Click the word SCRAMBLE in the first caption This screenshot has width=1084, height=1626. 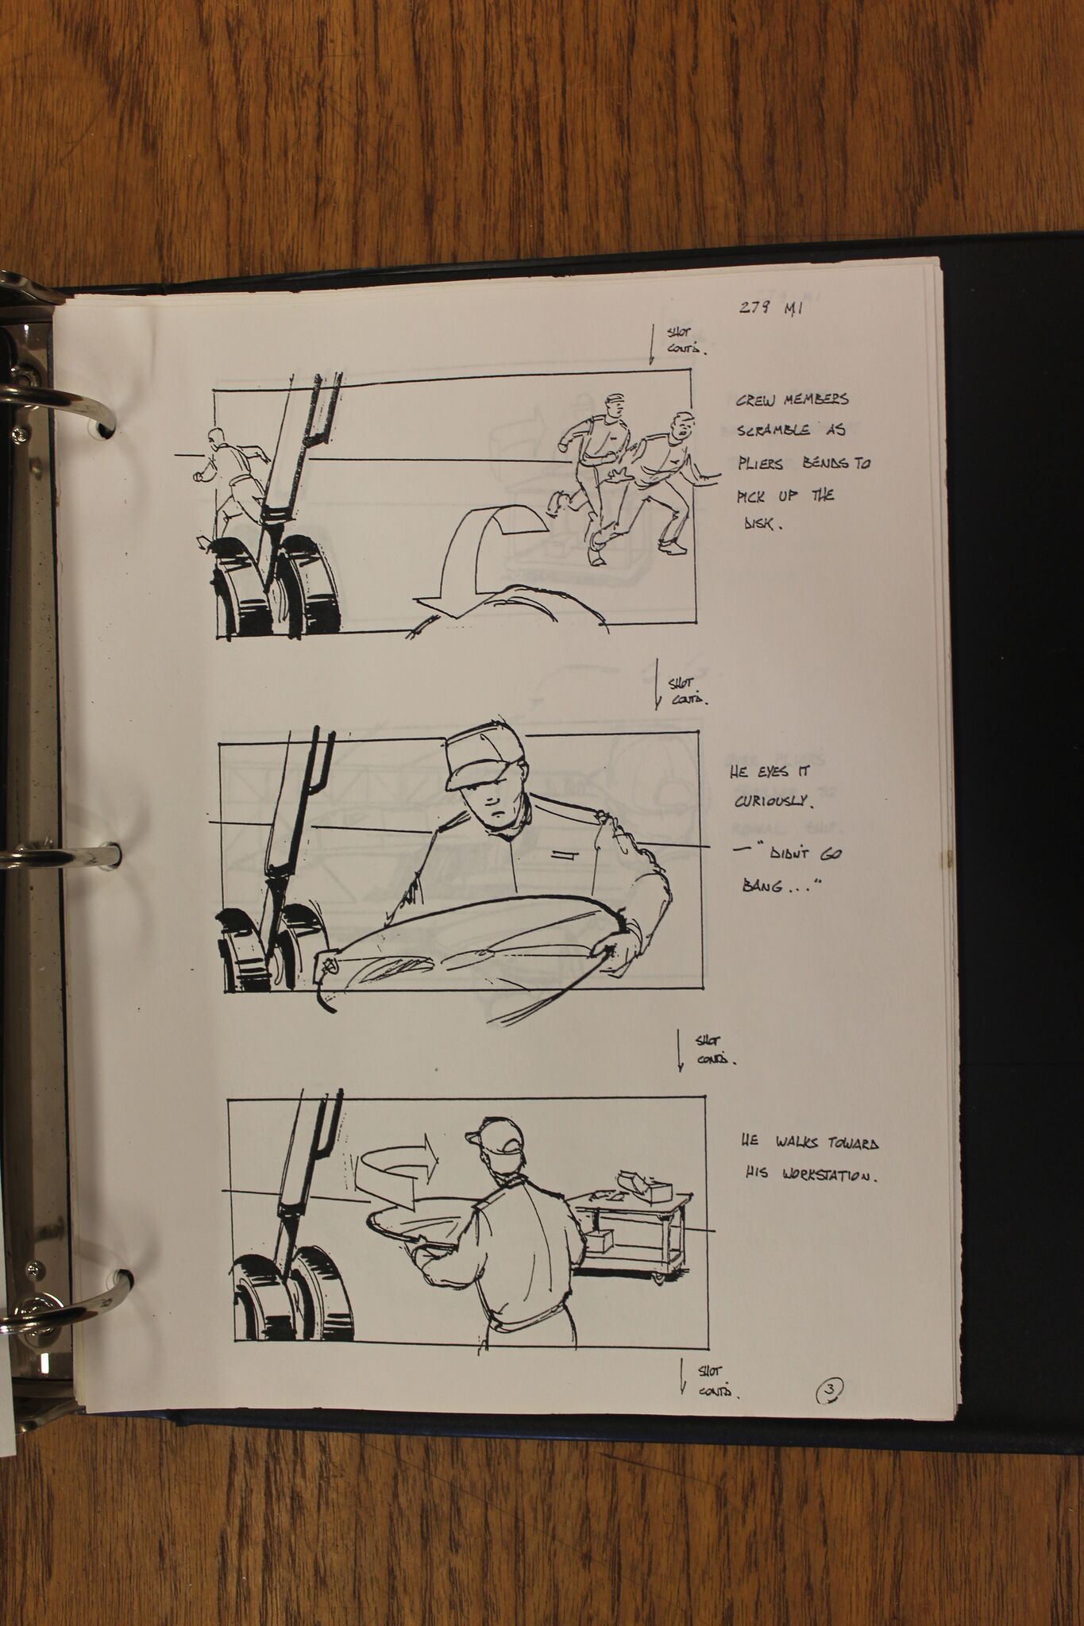coord(773,431)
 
